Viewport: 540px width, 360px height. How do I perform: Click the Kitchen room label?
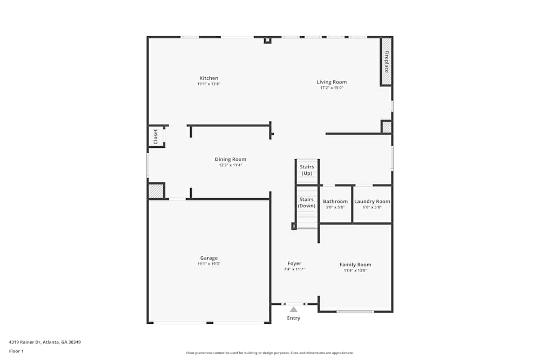208,78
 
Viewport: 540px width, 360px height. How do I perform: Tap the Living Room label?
332,82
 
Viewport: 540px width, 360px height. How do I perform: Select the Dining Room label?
231,159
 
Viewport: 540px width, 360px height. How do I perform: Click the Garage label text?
208,258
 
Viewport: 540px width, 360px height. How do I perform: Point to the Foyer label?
294,263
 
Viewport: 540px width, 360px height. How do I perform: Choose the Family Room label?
355,264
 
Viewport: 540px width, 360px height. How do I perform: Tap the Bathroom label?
335,201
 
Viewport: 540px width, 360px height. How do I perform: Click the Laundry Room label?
372,201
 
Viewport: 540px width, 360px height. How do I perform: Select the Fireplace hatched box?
386,62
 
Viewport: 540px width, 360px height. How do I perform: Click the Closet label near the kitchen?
156,136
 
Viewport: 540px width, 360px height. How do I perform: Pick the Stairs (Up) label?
307,170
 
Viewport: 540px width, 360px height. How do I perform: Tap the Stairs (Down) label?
307,203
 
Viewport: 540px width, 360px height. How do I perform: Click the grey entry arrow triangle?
293,309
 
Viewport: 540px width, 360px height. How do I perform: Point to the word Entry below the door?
293,318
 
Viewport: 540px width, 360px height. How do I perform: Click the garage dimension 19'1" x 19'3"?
208,264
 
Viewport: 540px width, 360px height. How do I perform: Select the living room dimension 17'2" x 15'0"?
332,88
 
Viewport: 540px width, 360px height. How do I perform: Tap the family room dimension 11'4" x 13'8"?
355,270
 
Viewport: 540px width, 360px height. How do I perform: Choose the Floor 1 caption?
16,351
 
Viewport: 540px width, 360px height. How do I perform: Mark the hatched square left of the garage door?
156,191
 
